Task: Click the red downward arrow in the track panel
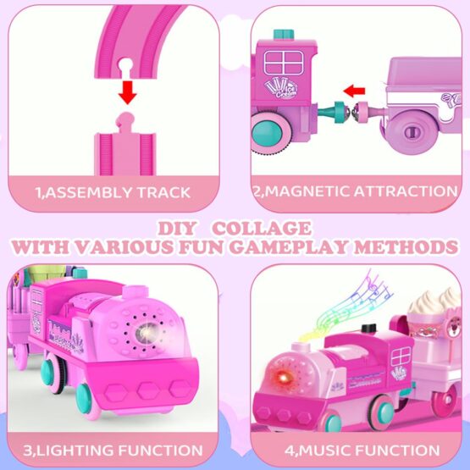pyautogui.click(x=127, y=92)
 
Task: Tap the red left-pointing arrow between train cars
pyautogui.click(x=354, y=91)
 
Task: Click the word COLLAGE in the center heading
pyautogui.click(x=262, y=229)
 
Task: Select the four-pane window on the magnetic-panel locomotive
pyautogui.click(x=284, y=63)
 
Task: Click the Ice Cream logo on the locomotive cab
pyautogui.click(x=281, y=88)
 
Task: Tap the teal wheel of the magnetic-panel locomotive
pyautogui.click(x=268, y=132)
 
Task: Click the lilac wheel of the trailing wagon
pyautogui.click(x=411, y=132)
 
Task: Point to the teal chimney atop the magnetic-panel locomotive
pyautogui.click(x=284, y=34)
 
